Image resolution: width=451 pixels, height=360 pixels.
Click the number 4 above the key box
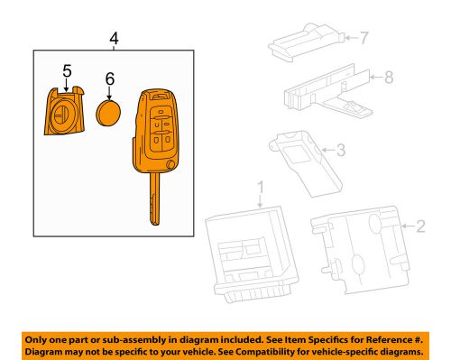tap(113, 39)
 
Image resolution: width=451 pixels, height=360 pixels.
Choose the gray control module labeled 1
tap(252, 257)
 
